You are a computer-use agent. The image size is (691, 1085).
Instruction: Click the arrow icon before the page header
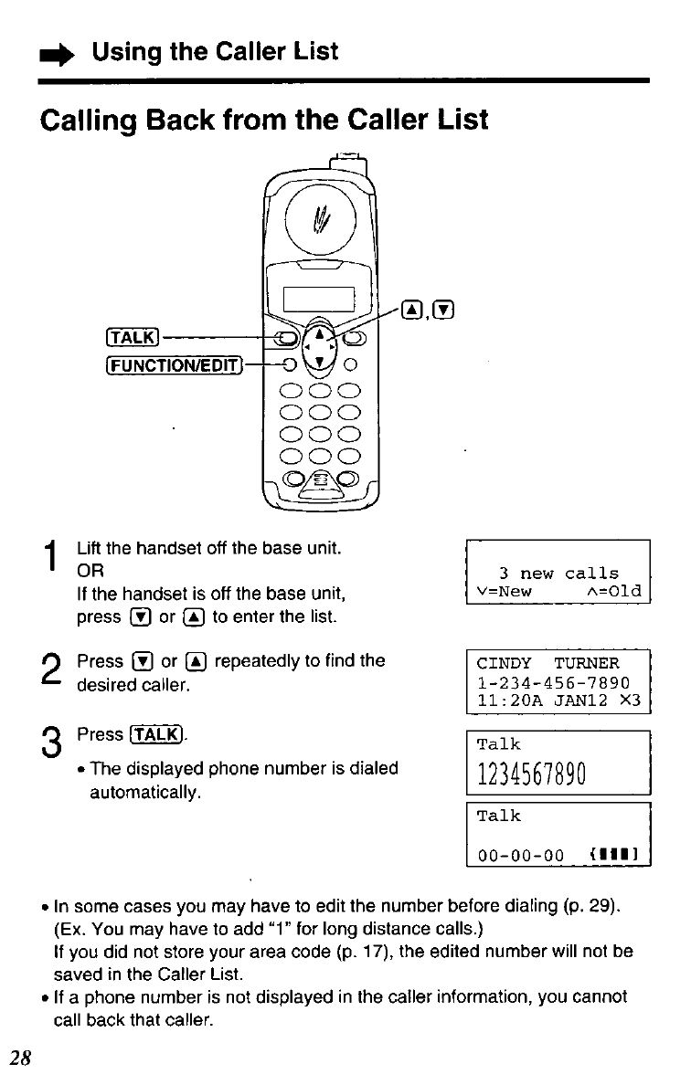coord(62,54)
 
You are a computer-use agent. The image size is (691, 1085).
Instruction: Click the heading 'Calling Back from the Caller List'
coord(265,120)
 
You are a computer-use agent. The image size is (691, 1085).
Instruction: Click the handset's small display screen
coord(319,299)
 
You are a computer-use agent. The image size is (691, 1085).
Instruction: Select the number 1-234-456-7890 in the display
coord(553,683)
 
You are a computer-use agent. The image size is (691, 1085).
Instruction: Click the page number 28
coord(21,1058)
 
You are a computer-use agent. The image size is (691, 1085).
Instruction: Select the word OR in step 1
coord(90,572)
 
